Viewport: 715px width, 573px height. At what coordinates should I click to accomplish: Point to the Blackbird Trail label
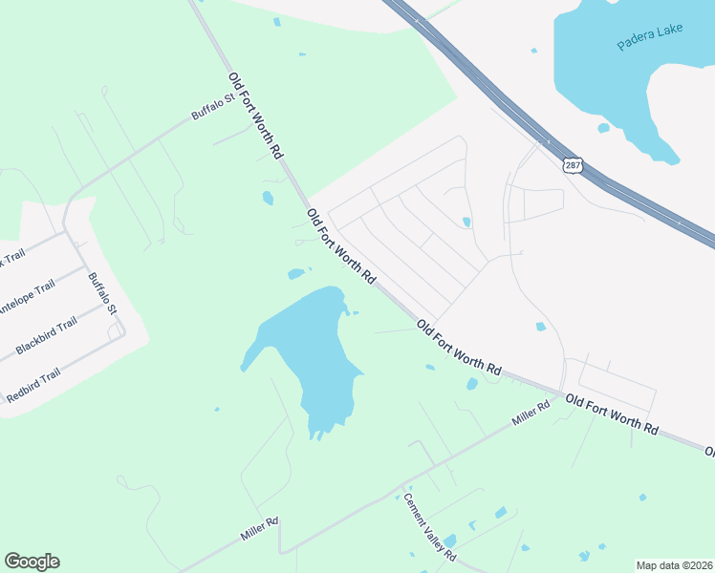point(46,336)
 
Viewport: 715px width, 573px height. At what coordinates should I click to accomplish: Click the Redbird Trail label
point(32,385)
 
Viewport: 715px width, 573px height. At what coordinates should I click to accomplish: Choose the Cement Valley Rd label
point(429,526)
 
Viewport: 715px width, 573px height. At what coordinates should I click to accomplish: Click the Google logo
point(32,562)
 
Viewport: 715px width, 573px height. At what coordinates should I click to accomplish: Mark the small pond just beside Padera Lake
point(603,128)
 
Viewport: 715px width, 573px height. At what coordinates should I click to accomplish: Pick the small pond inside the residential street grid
point(466,223)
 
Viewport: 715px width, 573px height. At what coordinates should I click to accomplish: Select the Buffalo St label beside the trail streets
point(101,294)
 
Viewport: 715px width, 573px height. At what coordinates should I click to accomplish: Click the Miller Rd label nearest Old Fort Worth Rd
point(531,413)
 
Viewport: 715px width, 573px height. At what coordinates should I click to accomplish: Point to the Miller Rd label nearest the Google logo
point(259,528)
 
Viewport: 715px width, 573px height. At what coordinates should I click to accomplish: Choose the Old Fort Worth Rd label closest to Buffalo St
point(255,115)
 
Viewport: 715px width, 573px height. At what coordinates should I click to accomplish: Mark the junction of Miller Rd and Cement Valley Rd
point(399,487)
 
